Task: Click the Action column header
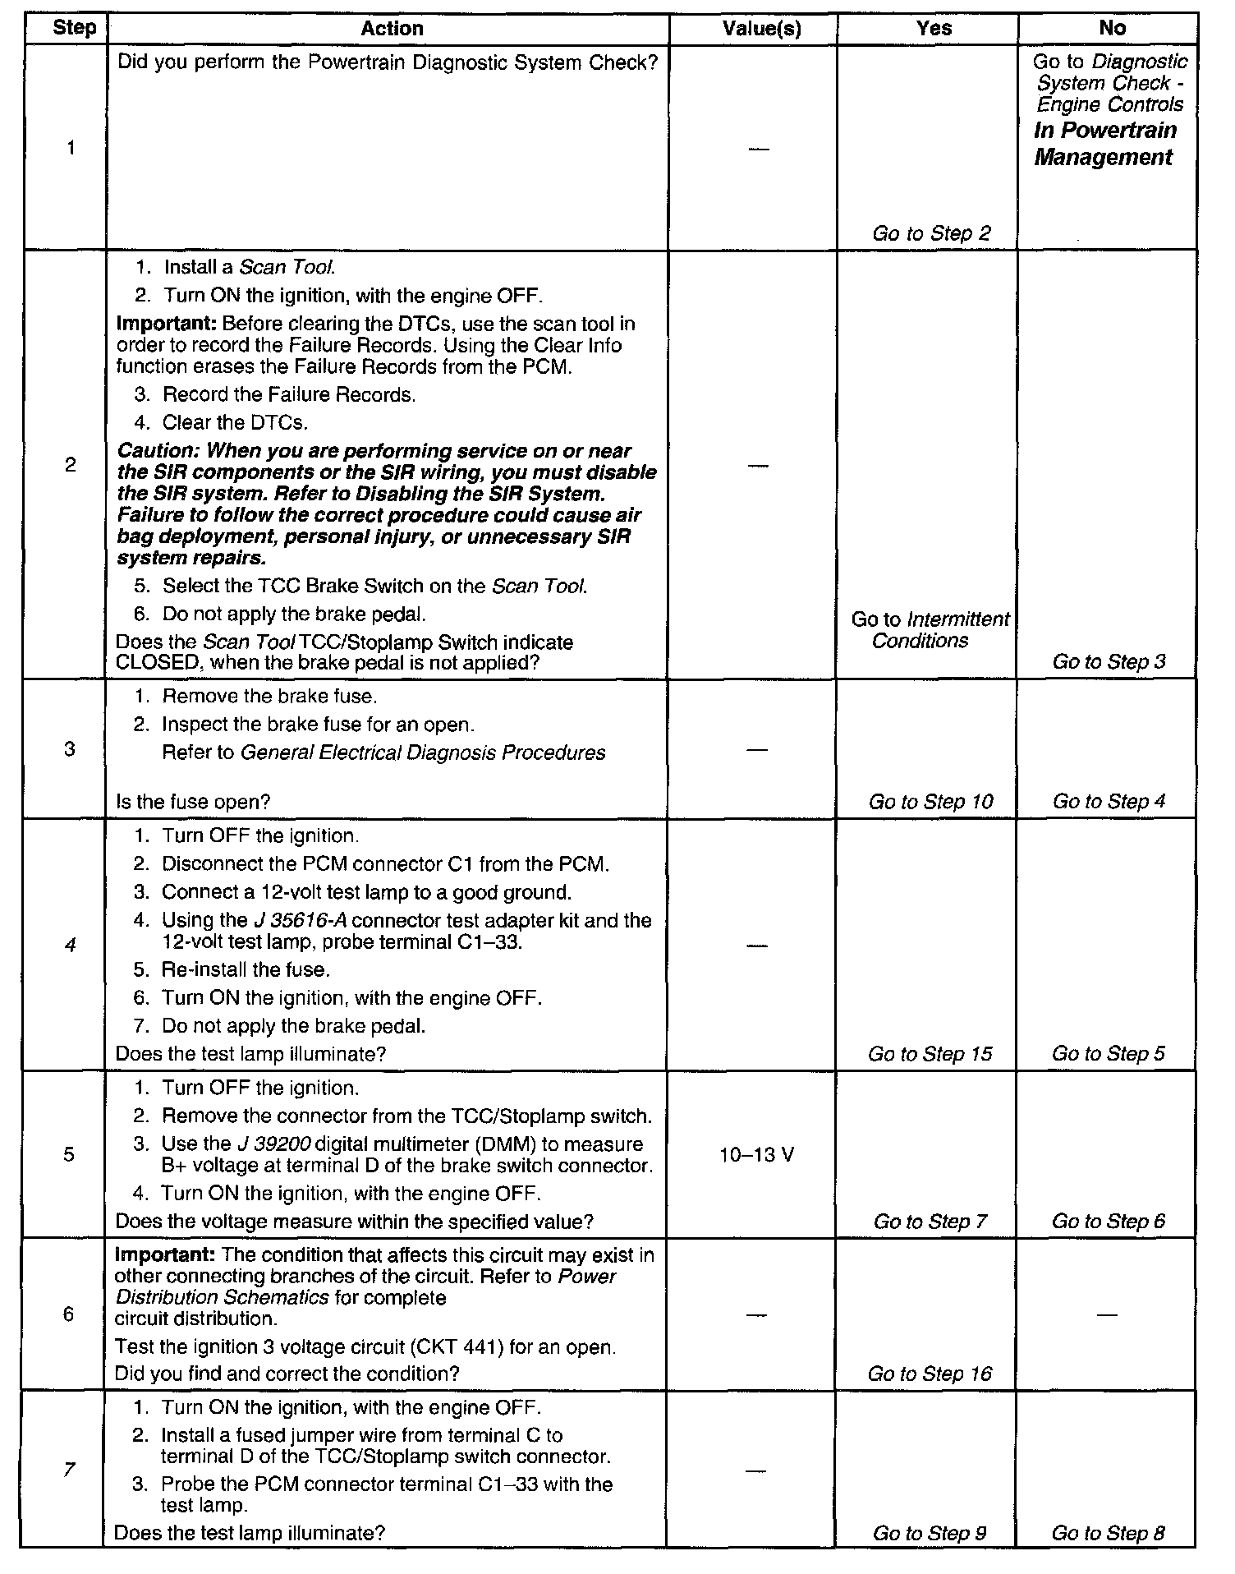point(392,29)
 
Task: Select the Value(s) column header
point(761,29)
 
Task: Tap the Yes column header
point(934,29)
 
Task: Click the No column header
point(1112,29)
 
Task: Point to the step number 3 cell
point(70,748)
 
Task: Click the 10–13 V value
point(756,1155)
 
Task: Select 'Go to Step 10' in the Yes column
point(931,802)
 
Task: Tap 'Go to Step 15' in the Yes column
point(930,1054)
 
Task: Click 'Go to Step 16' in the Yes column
point(930,1374)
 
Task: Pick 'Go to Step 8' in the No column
point(1108,1533)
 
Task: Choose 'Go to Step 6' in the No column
point(1108,1222)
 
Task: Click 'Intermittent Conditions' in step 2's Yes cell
point(930,630)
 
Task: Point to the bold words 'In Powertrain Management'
point(1104,144)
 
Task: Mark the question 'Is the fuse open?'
point(193,802)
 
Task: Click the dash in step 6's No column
point(1107,1315)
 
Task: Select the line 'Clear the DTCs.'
point(235,423)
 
